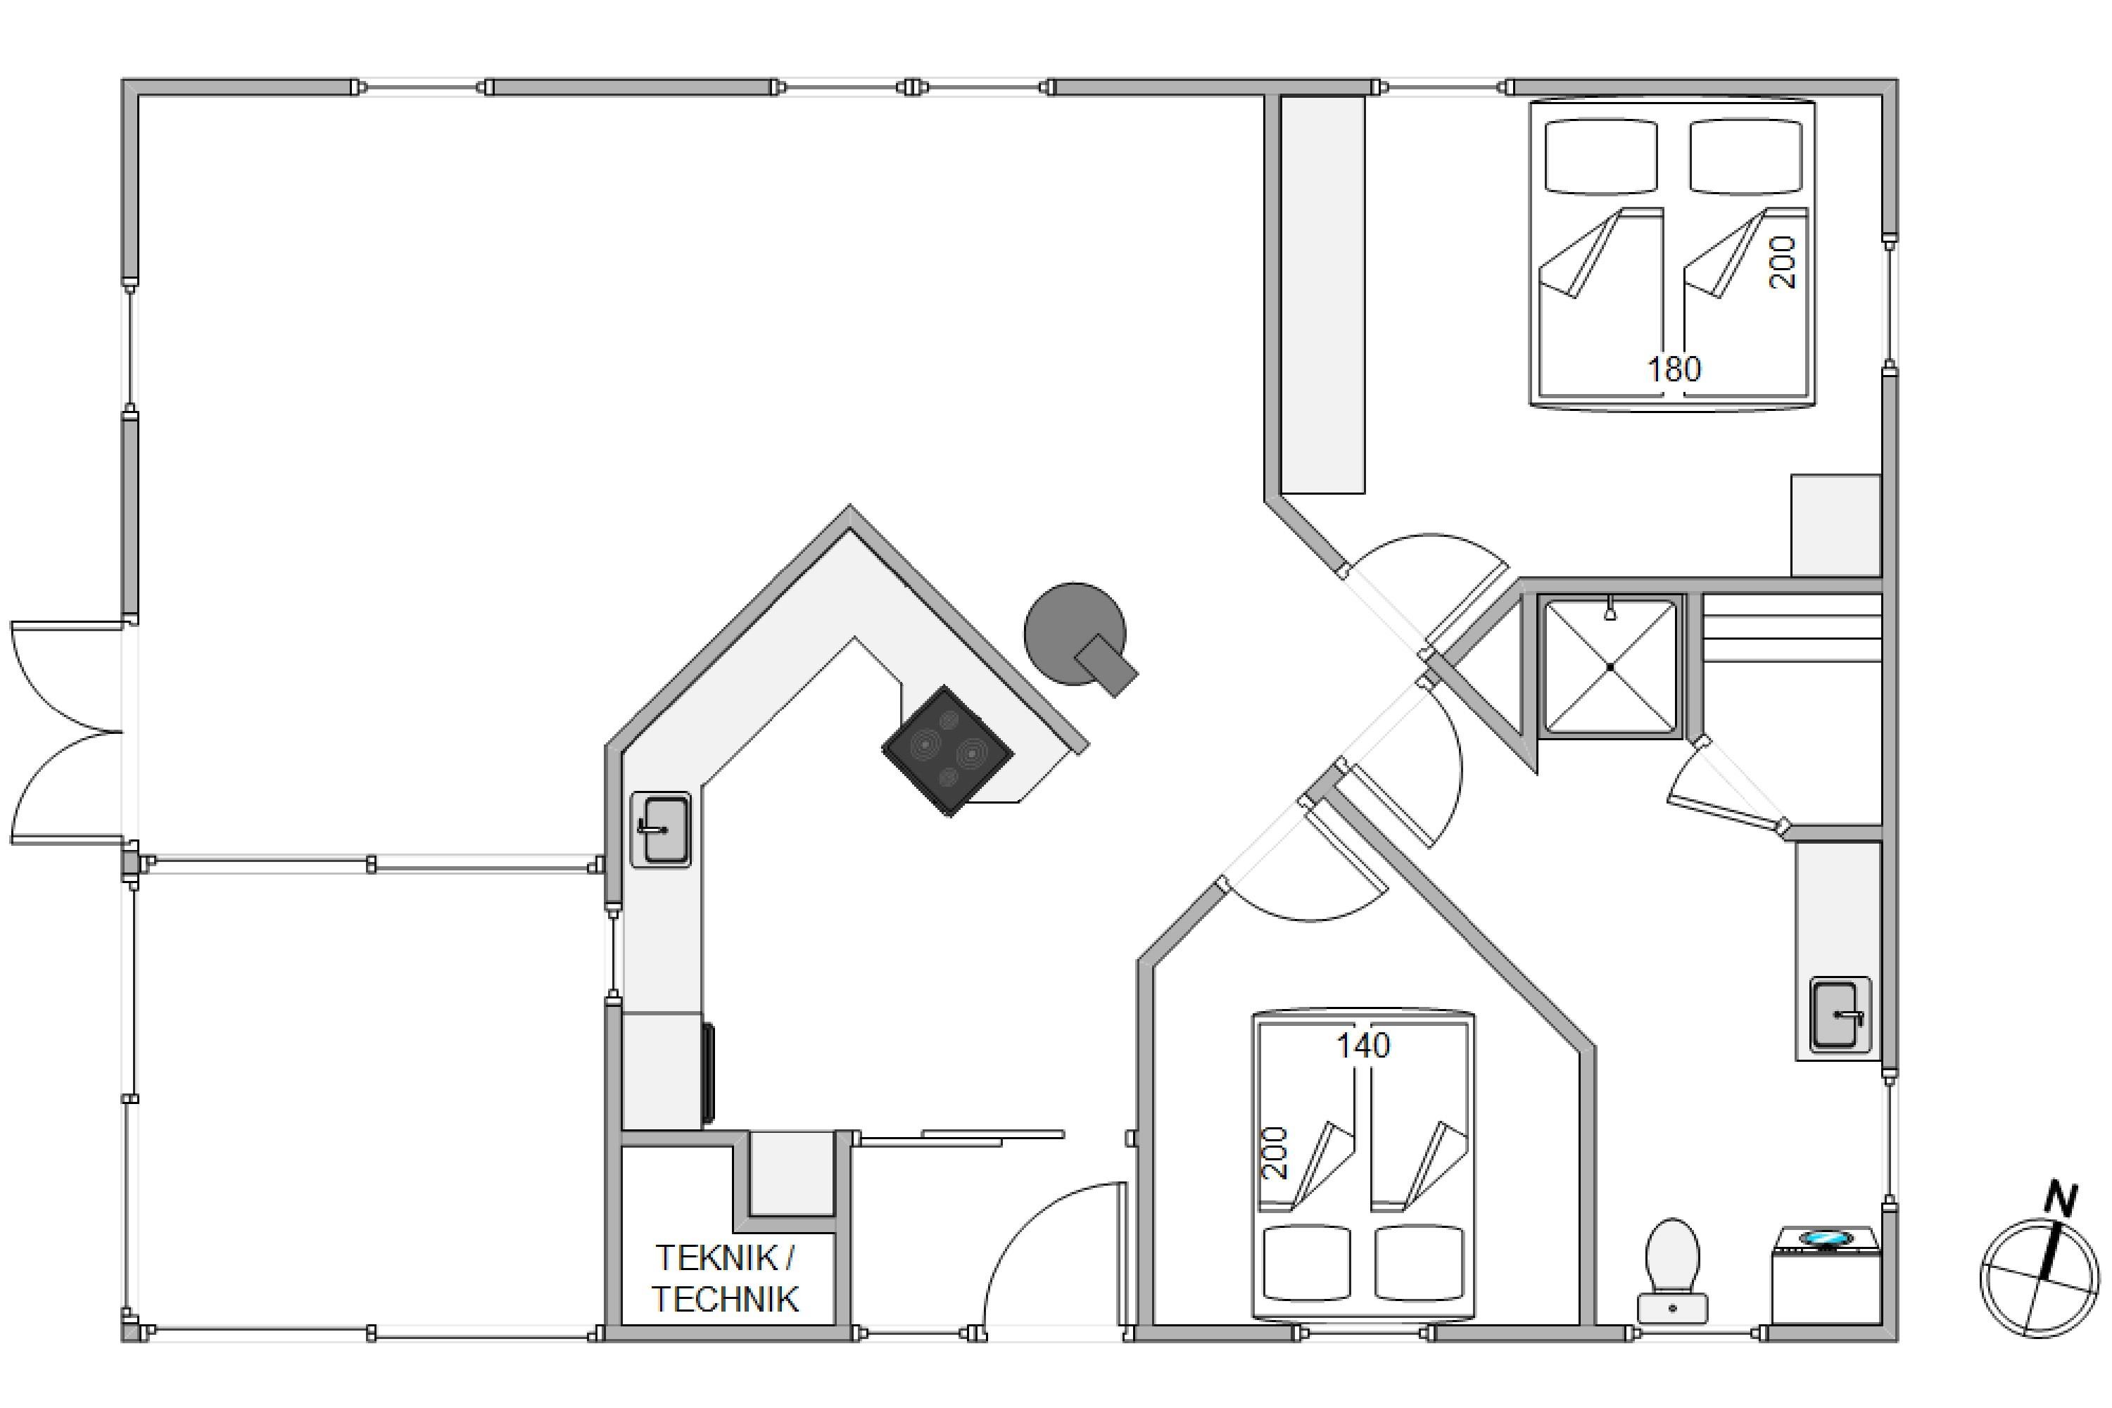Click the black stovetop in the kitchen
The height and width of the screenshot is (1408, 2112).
point(947,751)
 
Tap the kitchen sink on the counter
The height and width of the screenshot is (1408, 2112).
point(661,829)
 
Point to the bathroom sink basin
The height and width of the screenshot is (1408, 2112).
point(1840,1015)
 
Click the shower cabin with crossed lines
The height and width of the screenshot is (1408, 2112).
point(1610,666)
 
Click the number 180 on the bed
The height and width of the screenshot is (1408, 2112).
point(1674,369)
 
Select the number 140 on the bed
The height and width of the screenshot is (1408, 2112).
point(1363,1045)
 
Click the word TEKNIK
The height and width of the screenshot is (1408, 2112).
point(716,1258)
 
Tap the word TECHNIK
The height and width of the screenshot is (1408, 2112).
point(725,1300)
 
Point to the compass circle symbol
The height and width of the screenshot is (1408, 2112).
point(2040,1277)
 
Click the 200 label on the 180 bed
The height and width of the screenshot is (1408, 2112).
point(1783,262)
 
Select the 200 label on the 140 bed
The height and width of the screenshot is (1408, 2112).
point(1275,1153)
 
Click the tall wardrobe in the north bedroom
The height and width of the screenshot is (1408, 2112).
point(1322,295)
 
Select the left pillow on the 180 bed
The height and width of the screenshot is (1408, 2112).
point(1601,156)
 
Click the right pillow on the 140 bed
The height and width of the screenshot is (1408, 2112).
point(1419,1264)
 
